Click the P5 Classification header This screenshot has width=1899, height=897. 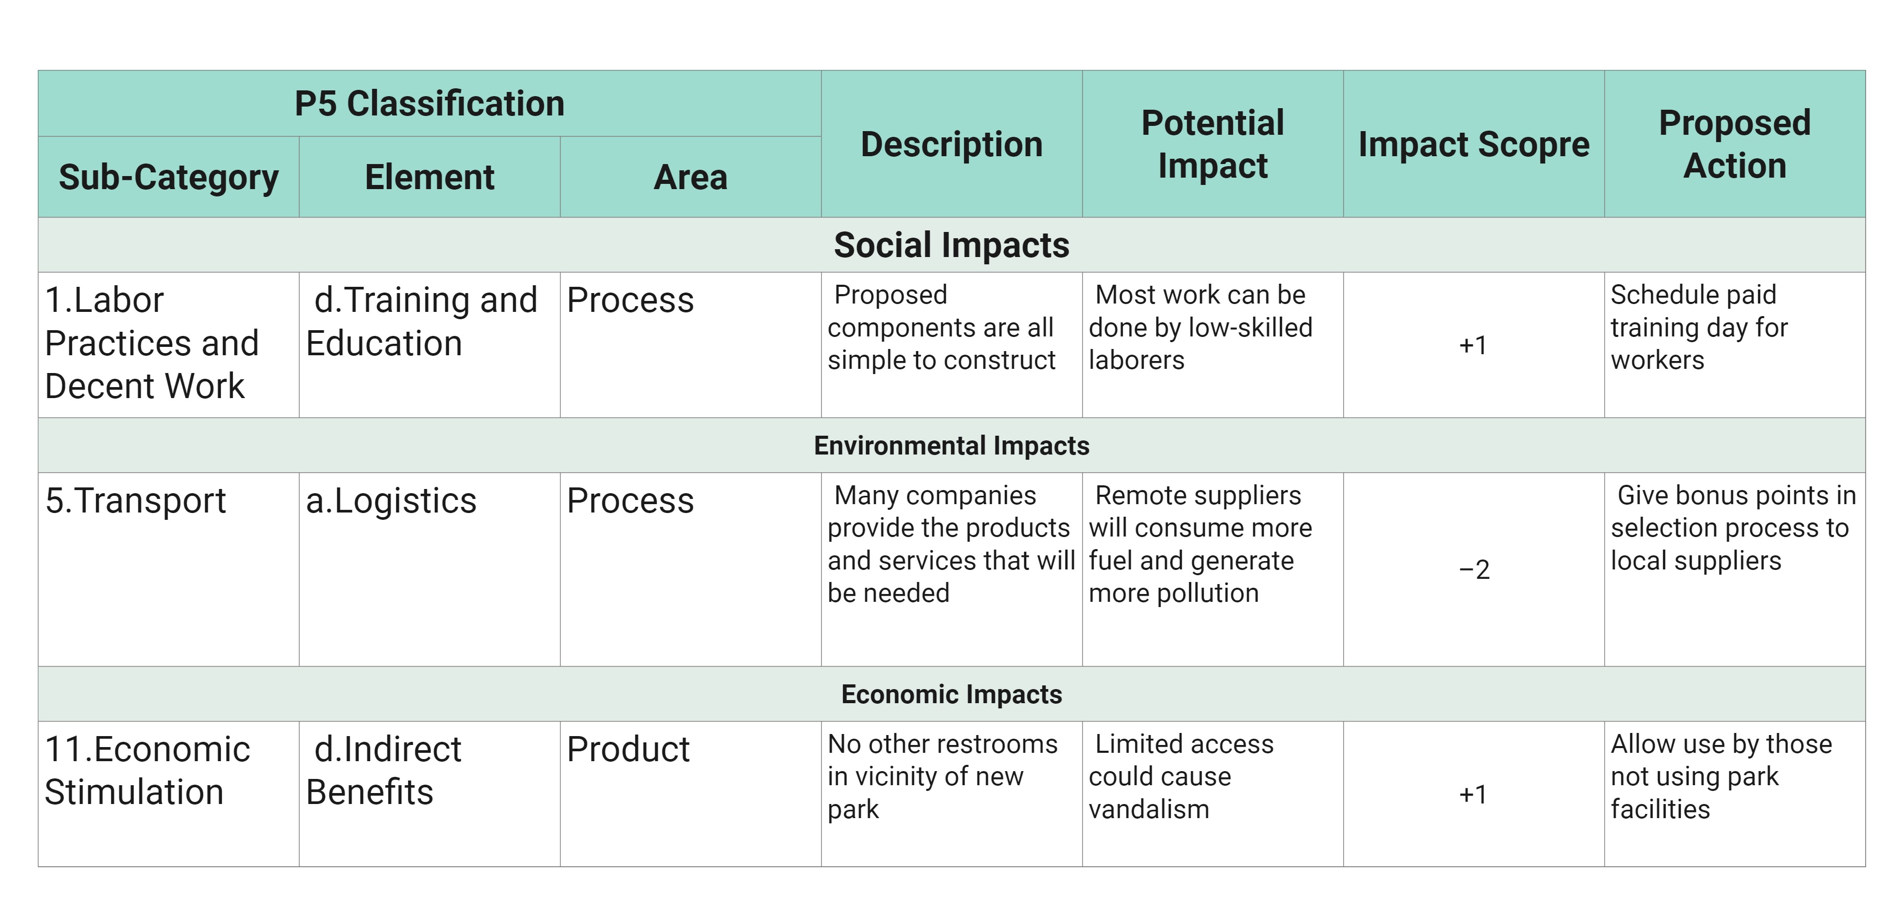tap(429, 103)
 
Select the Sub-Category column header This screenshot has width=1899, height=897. tap(169, 178)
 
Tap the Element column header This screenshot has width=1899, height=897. tap(430, 177)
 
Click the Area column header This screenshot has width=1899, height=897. tap(691, 177)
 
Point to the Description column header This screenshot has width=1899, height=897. tap(952, 144)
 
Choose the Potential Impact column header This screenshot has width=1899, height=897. tap(1213, 144)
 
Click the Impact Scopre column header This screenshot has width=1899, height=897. tap(1474, 144)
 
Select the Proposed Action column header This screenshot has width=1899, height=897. tap(1735, 144)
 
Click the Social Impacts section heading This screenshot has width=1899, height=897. tap(951, 245)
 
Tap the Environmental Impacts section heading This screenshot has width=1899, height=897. tap(951, 446)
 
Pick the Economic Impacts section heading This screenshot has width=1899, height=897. tap(951, 694)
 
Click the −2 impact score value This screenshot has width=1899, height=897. tap(1474, 569)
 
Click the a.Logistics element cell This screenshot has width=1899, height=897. tap(391, 501)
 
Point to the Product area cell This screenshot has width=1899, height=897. tap(628, 750)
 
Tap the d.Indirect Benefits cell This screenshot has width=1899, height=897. tap(383, 771)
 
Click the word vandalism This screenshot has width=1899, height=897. tap(1148, 809)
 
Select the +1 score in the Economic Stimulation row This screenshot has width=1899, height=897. tap(1473, 795)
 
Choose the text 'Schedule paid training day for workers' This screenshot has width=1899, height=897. tap(1699, 328)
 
